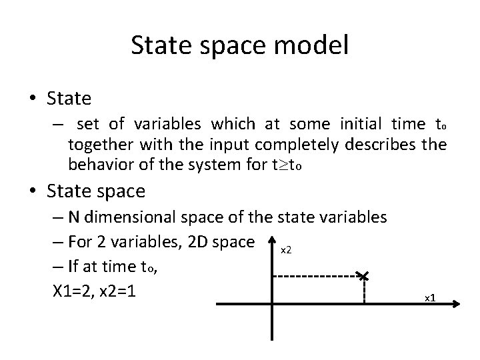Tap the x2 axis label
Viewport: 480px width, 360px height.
[285, 250]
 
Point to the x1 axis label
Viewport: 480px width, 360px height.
[430, 297]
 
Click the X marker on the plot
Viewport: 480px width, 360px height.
[364, 275]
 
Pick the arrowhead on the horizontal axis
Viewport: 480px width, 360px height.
[455, 305]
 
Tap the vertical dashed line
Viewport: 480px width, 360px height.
[365, 290]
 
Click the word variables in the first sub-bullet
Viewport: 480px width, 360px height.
[170, 125]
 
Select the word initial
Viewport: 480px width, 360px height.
[369, 125]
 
